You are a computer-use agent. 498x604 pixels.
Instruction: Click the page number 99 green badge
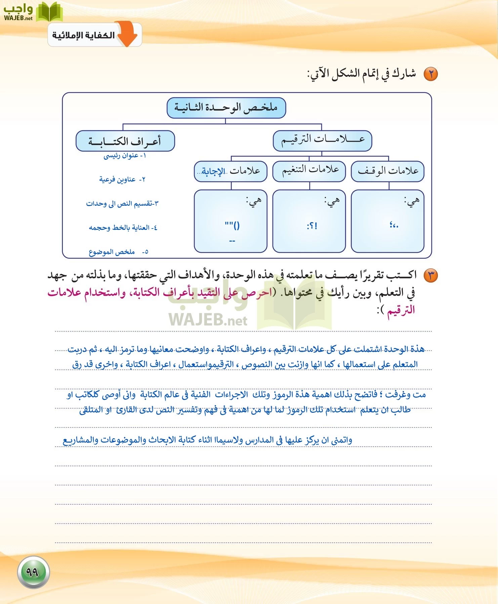(33, 572)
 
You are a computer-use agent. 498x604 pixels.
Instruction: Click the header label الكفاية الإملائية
(83, 35)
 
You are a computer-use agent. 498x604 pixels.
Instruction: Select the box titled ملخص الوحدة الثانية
(226, 108)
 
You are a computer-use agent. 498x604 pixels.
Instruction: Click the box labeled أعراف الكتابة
(125, 141)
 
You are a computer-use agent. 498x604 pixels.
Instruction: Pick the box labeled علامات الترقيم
(322, 141)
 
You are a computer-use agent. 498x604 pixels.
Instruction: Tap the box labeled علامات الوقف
(387, 171)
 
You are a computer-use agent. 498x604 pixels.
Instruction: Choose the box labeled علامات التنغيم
(309, 171)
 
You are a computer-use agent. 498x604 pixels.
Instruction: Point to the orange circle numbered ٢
(430, 74)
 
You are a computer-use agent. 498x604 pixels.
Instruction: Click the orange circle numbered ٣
(430, 276)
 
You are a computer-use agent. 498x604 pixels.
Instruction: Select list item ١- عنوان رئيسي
(125, 156)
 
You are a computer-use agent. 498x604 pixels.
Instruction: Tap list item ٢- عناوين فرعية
(122, 180)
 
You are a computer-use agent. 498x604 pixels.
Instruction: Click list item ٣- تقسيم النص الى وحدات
(122, 204)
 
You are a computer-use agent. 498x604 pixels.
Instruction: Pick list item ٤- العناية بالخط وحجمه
(123, 228)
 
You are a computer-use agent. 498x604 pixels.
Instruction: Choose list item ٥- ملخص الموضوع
(118, 252)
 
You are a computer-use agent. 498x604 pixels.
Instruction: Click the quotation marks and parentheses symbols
(232, 226)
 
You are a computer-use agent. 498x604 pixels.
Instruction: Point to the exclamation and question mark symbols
(312, 226)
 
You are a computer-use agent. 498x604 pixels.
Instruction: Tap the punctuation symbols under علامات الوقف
(394, 225)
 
